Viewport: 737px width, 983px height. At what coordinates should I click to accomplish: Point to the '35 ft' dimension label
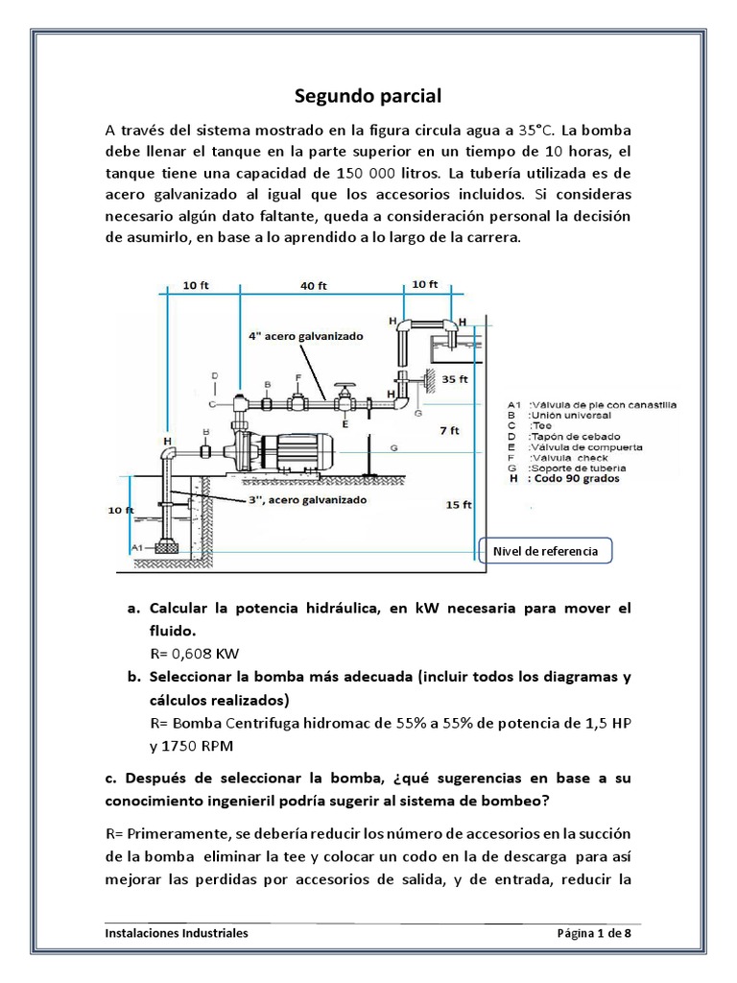coord(455,379)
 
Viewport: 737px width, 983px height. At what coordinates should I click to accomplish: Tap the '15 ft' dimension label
coord(460,504)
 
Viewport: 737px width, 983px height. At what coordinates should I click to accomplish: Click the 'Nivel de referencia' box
coord(544,551)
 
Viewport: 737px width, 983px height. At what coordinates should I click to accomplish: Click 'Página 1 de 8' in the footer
coord(594,932)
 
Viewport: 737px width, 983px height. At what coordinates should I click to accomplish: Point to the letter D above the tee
coord(214,375)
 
